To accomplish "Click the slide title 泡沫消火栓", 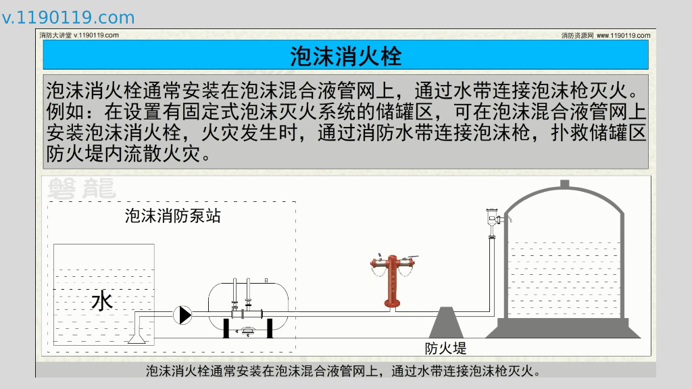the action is pyautogui.click(x=345, y=55).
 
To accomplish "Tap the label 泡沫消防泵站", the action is pyautogui.click(x=173, y=216).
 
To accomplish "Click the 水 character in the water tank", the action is pyautogui.click(x=102, y=301).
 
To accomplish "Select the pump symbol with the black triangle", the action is pyautogui.click(x=182, y=314).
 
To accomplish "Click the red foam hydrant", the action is pyautogui.click(x=391, y=284).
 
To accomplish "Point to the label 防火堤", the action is pyautogui.click(x=446, y=348).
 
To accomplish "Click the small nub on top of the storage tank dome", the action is pyautogui.click(x=565, y=184).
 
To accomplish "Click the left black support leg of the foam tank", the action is pyautogui.click(x=228, y=328).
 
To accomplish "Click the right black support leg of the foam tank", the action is pyautogui.click(x=269, y=328).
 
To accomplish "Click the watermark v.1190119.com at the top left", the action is pyautogui.click(x=68, y=18).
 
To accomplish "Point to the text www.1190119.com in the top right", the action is pyautogui.click(x=623, y=35).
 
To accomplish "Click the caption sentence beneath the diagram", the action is pyautogui.click(x=345, y=371).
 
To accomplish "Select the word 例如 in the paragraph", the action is pyautogui.click(x=61, y=110).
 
